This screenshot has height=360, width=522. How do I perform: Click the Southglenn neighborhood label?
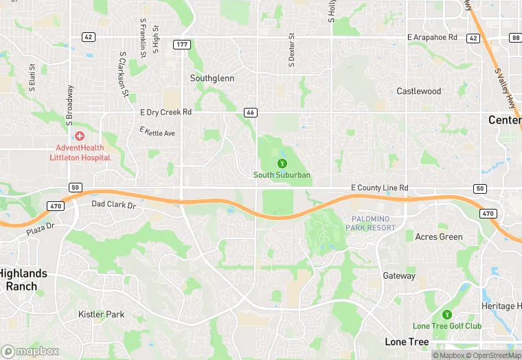click(212, 78)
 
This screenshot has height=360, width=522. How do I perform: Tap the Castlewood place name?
click(419, 91)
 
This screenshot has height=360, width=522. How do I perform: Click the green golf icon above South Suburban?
click(282, 164)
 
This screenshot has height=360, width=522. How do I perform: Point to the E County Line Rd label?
click(379, 188)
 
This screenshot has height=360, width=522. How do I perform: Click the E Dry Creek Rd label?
click(166, 111)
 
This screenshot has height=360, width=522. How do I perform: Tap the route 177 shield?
click(182, 44)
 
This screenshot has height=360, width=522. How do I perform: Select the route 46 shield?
click(251, 111)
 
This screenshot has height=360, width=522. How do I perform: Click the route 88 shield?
click(516, 38)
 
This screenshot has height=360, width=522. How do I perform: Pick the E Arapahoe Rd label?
click(432, 37)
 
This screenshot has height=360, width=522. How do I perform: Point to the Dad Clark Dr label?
click(114, 205)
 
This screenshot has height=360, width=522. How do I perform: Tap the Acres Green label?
click(439, 237)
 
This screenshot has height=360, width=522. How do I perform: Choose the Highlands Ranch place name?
click(23, 279)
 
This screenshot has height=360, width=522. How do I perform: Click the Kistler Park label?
click(101, 315)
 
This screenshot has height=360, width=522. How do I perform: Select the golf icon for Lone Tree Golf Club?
click(446, 315)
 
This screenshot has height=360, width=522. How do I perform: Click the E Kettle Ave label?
click(157, 132)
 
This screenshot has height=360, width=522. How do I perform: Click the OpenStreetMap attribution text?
click(495, 355)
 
